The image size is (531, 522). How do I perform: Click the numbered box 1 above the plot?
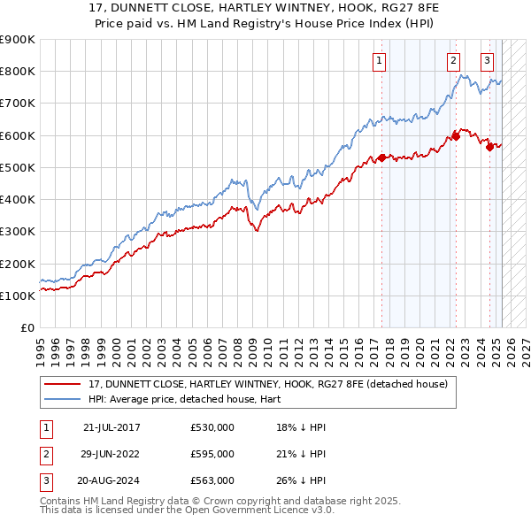[379, 61]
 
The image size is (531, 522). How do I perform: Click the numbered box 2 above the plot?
[453, 61]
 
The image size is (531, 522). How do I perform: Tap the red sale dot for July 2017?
[381, 157]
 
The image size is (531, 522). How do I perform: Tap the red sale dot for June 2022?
[457, 135]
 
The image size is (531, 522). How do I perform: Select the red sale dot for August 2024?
[489, 147]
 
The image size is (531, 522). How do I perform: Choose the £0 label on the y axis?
[27, 328]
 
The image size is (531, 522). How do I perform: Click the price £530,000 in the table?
[212, 427]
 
